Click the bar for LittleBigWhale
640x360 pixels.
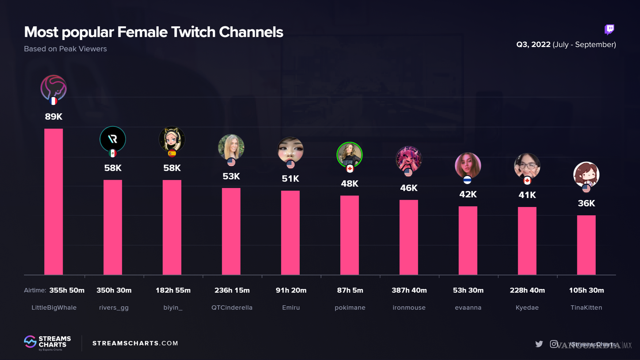pyautogui.click(x=53, y=202)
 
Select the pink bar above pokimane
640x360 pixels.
pyautogui.click(x=349, y=235)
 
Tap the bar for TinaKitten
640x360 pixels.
pyautogui.click(x=586, y=245)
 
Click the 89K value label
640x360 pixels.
pyautogui.click(x=53, y=117)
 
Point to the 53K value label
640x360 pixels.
pyautogui.click(x=231, y=176)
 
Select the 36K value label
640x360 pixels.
pyautogui.click(x=586, y=203)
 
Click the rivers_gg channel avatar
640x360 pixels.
pyautogui.click(x=113, y=139)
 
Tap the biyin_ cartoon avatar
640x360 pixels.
pyautogui.click(x=172, y=139)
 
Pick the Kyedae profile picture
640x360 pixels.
pyautogui.click(x=527, y=166)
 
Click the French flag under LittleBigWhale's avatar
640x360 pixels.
pyautogui.click(x=54, y=101)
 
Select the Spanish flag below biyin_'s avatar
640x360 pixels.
pyautogui.click(x=172, y=154)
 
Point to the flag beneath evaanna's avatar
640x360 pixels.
pyautogui.click(x=467, y=180)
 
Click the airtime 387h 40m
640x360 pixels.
pyautogui.click(x=409, y=290)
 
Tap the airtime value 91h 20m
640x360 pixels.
pyautogui.click(x=291, y=290)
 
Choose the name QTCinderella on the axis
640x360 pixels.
pyautogui.click(x=232, y=308)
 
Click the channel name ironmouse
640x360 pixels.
pyautogui.click(x=409, y=308)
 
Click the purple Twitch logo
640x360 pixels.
pyautogui.click(x=609, y=29)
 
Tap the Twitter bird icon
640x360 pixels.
pyautogui.click(x=539, y=344)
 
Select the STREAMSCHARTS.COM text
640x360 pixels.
pyautogui.click(x=135, y=343)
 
